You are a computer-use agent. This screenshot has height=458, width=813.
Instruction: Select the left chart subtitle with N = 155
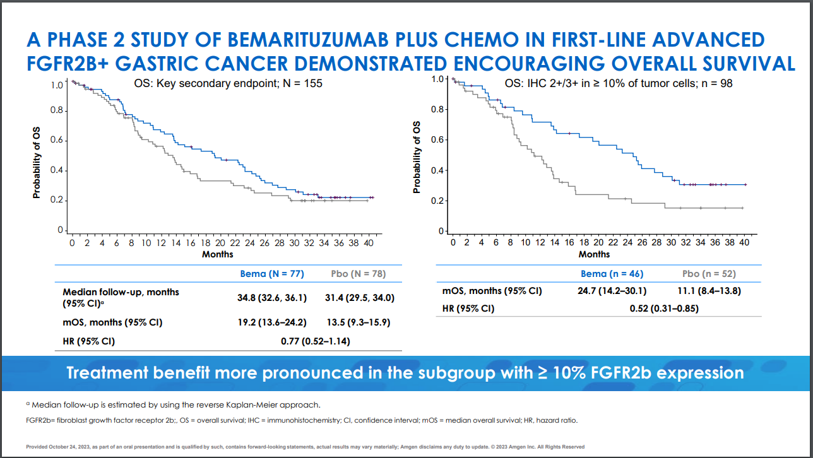tap(228, 83)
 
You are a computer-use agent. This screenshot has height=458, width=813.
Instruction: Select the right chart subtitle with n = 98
tap(619, 83)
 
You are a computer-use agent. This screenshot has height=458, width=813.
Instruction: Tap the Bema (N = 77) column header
tap(272, 274)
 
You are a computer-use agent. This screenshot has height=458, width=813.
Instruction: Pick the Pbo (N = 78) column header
tap(359, 274)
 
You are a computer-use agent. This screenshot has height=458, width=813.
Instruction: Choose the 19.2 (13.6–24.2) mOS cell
tap(272, 322)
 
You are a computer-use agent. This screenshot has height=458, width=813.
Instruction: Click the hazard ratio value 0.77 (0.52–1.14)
tap(315, 341)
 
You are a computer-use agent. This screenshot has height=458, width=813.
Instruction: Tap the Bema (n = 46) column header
tap(612, 274)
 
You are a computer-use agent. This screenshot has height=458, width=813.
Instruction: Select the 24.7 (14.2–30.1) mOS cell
tap(612, 291)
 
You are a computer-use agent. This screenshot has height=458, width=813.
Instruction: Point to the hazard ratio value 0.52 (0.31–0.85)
tap(664, 308)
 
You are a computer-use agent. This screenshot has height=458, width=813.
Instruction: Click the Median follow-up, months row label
tap(121, 292)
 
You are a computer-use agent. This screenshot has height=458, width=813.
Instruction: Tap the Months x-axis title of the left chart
tap(218, 254)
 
